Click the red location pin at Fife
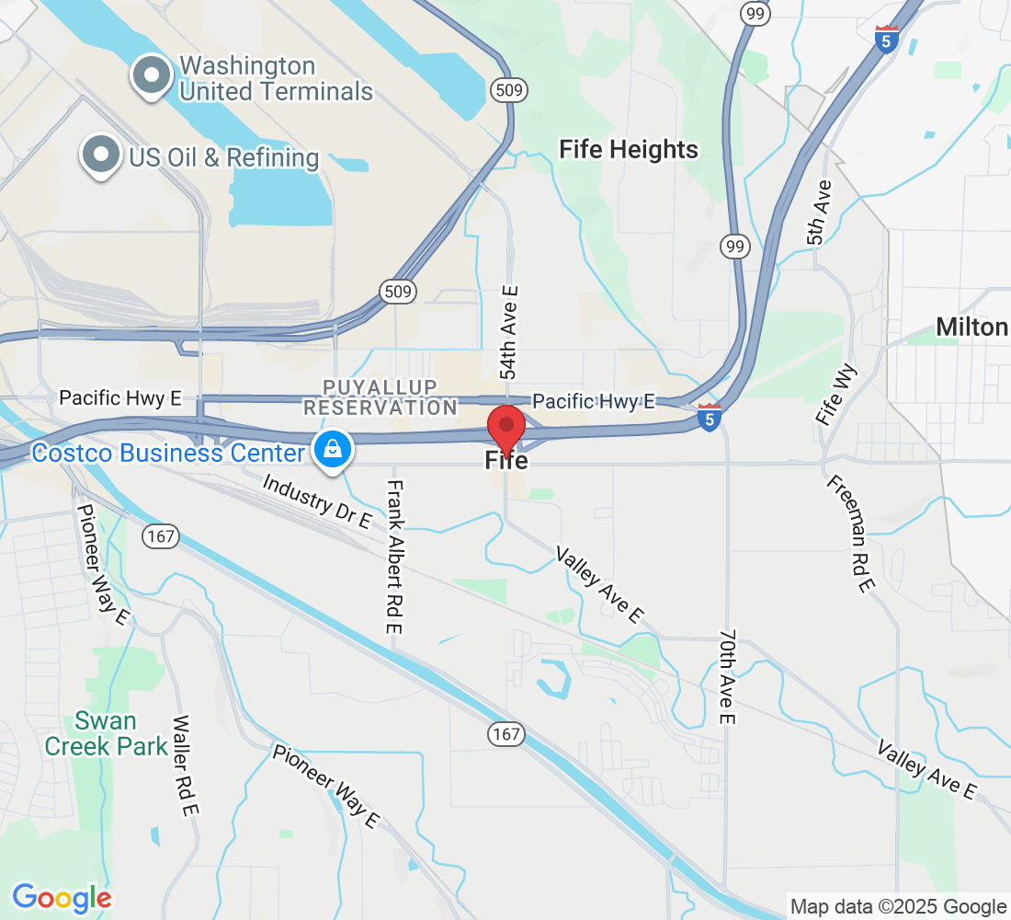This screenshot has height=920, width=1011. [505, 427]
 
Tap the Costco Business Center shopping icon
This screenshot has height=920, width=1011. [329, 449]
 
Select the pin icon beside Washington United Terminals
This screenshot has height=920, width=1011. [151, 76]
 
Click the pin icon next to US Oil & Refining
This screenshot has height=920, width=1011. [101, 155]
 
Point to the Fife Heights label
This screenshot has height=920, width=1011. [629, 149]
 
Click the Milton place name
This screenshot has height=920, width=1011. [971, 327]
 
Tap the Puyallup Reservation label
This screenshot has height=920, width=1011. [380, 397]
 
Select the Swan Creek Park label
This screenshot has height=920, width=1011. [94, 733]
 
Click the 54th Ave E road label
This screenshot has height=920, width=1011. [509, 332]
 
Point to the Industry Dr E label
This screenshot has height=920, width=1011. [317, 501]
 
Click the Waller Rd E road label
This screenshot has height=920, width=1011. [185, 765]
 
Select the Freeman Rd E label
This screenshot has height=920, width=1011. [848, 534]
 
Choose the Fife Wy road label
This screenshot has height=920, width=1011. [833, 393]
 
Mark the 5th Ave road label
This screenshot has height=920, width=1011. [820, 213]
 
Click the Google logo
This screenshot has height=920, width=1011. [62, 897]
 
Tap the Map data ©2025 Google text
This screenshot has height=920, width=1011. [898, 907]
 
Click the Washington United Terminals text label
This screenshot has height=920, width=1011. [276, 78]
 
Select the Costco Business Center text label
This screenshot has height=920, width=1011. [167, 453]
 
